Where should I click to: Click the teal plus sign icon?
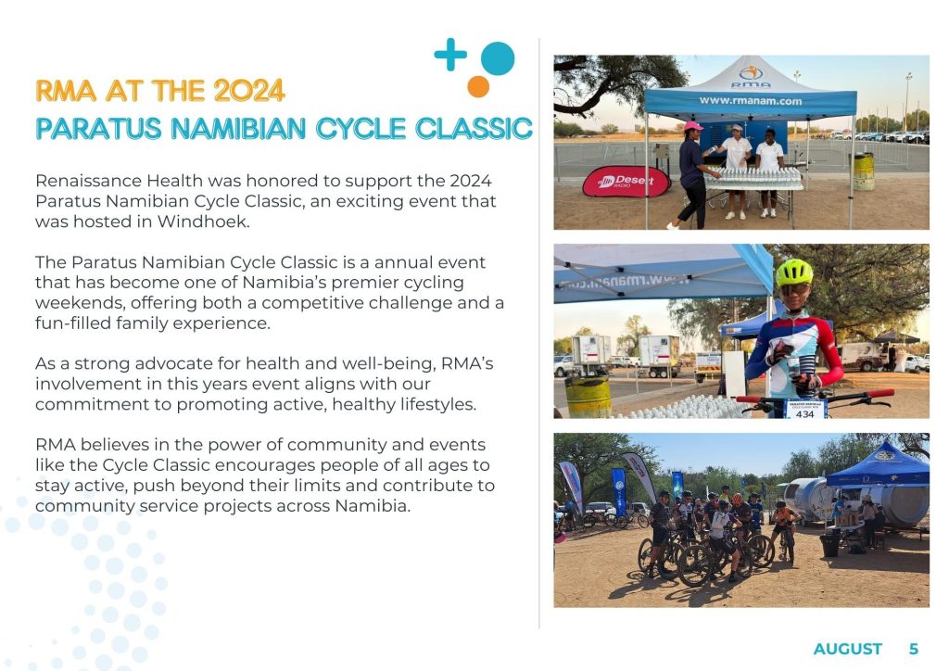(450, 55)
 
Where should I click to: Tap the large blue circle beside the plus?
(498, 58)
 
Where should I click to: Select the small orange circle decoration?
(478, 86)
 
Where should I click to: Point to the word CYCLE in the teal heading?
(361, 128)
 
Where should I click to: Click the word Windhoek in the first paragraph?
(203, 222)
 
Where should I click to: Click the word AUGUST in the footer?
(847, 649)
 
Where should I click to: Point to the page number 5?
(914, 649)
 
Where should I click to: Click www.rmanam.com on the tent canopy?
(751, 101)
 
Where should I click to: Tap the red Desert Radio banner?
(626, 182)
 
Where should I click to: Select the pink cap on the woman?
(693, 126)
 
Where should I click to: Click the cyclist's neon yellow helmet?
(794, 272)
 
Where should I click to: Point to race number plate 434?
(805, 410)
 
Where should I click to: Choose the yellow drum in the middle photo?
(588, 397)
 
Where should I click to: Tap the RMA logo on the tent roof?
(751, 76)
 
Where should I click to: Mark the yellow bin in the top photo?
(864, 171)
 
